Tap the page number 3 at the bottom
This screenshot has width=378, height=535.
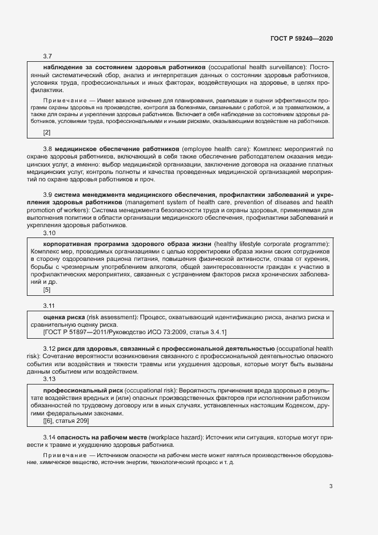pyautogui.click(x=331, y=487)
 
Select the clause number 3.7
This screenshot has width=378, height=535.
pyautogui.click(x=47, y=56)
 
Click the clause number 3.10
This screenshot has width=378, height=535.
pyautogui.click(x=49, y=233)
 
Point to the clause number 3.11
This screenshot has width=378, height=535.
pyautogui.click(x=49, y=306)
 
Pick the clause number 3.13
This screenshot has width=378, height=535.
pyautogui.click(x=49, y=379)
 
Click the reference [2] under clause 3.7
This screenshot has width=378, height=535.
pyautogui.click(x=47, y=133)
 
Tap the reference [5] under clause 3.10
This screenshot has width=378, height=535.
pyautogui.click(x=47, y=290)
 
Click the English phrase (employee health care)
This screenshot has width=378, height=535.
pyautogui.click(x=215, y=148)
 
